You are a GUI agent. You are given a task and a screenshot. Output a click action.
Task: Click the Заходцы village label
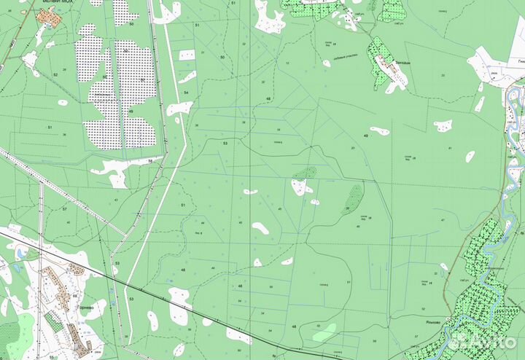[399, 63]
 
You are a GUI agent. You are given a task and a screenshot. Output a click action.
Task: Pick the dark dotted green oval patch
[355, 195]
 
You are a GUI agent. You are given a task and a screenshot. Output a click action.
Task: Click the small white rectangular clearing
[187, 55]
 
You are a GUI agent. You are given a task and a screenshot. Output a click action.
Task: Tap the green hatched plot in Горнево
[52, 321]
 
